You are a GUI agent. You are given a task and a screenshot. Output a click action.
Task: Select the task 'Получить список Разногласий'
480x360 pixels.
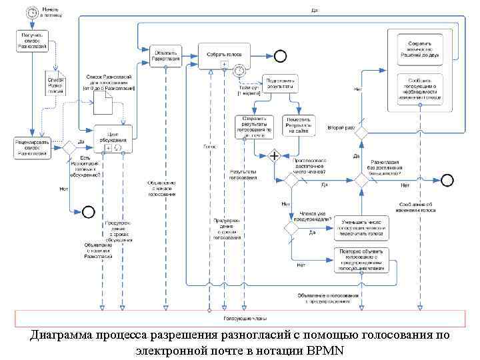tap(31, 41)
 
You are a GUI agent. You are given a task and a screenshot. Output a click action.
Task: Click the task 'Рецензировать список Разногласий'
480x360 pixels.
tap(31, 147)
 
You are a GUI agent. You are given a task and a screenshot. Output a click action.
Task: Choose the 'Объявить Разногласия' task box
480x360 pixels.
tap(164, 55)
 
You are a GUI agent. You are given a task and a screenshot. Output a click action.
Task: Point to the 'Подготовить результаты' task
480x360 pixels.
tap(281, 83)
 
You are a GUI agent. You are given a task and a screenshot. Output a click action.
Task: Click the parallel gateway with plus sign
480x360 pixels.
tap(274, 157)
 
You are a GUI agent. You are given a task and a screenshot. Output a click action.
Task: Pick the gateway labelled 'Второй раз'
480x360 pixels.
tap(361, 132)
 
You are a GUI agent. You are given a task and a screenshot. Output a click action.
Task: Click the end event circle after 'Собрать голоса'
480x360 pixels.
tap(280, 55)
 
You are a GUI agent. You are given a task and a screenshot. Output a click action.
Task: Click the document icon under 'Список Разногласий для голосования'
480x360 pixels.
tap(103, 103)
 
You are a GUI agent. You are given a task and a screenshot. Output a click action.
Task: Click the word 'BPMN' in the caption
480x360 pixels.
tap(325, 350)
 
